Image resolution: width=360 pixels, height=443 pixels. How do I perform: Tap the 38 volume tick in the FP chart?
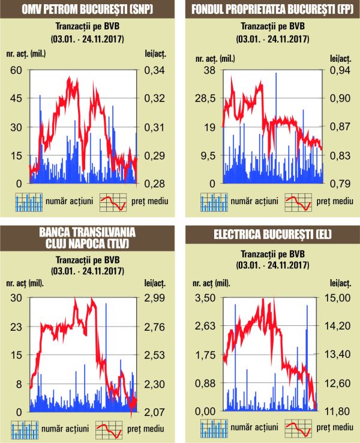coord(209,70)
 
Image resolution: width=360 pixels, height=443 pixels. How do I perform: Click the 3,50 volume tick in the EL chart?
coord(206,298)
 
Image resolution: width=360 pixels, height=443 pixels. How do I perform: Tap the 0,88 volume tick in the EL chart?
coord(206,384)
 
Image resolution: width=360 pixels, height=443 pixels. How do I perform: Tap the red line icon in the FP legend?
coord(298,202)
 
